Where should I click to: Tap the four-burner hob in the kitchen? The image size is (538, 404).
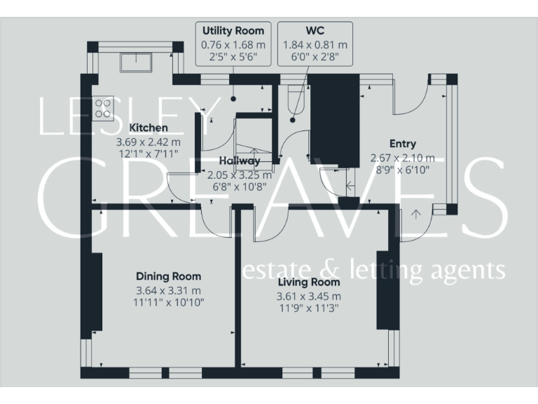point(104,107)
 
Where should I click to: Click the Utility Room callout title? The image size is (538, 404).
point(233,31)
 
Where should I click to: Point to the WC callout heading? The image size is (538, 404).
point(315,31)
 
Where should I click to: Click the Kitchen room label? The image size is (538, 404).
point(149,128)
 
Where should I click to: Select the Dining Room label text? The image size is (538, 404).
point(168,276)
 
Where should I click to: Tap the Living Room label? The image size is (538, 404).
point(309,282)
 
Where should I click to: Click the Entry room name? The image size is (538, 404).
point(402,144)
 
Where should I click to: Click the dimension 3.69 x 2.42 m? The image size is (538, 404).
point(149,141)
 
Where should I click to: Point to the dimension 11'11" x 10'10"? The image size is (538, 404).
point(168,302)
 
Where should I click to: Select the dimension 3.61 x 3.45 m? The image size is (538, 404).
point(309,295)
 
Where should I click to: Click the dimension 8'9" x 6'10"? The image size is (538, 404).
point(402,169)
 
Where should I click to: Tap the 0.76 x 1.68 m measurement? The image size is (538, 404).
point(233,44)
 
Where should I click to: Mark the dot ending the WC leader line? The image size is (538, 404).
point(294,119)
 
